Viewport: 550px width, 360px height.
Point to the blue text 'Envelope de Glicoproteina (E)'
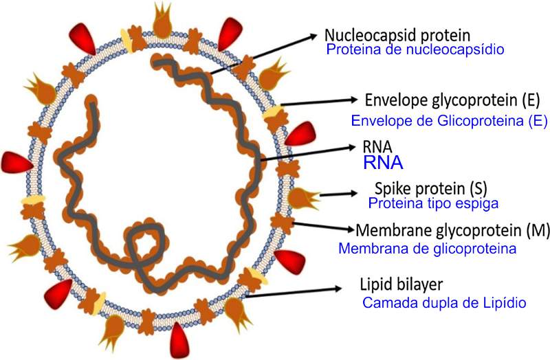[x=449, y=122]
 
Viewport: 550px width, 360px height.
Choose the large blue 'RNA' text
[x=383, y=164]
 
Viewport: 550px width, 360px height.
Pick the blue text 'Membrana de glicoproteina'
[x=427, y=248]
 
